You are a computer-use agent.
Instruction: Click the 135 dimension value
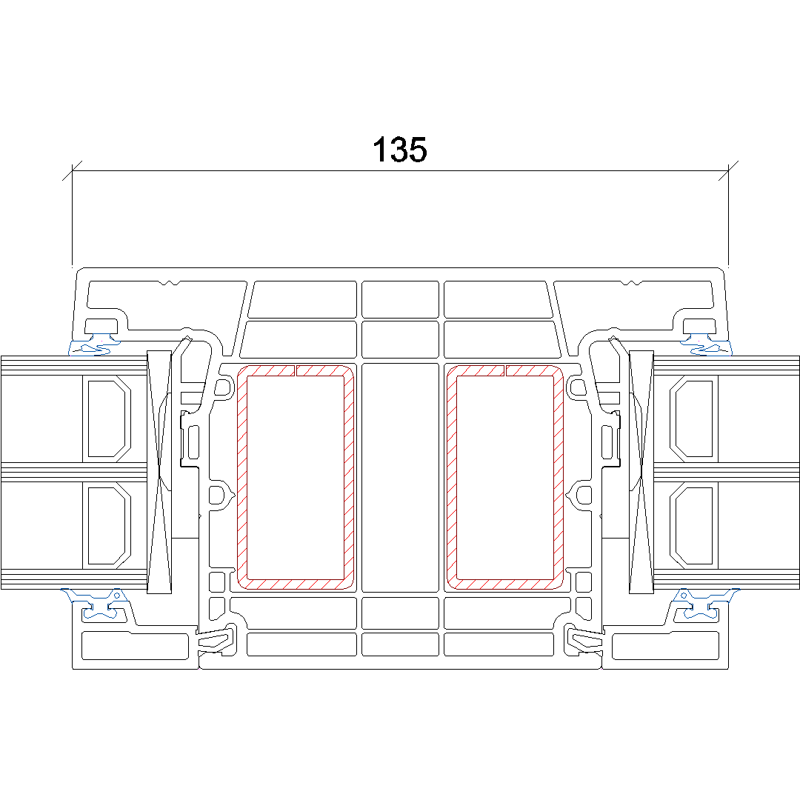point(399,150)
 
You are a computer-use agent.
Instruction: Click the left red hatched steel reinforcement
point(241,478)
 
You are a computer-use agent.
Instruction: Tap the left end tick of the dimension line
point(72,171)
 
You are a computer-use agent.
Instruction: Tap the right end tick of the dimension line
point(728,171)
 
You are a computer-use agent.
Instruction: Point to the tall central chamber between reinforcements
point(400,478)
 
